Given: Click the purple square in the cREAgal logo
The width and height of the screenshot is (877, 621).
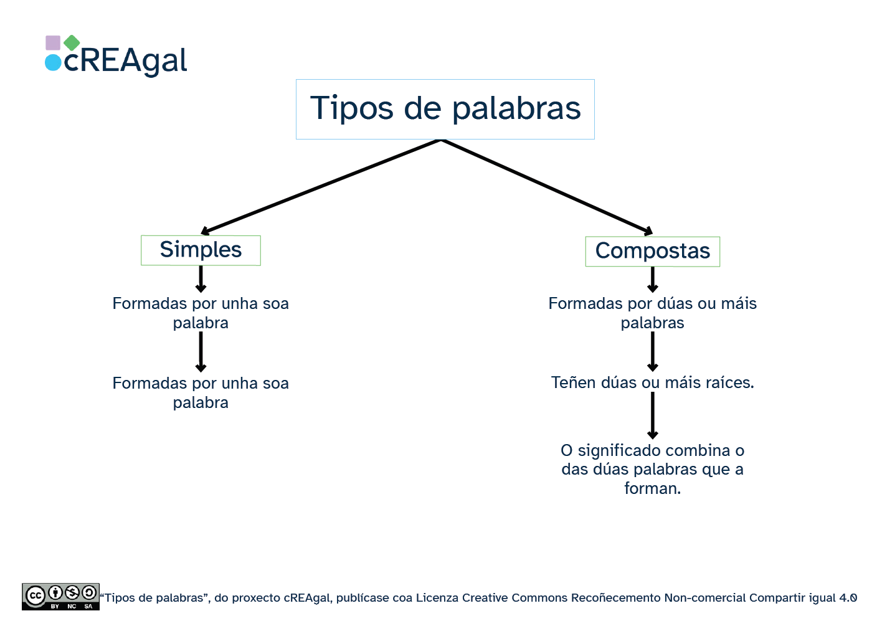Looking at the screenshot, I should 53,43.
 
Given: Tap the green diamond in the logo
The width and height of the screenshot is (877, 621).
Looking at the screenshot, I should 72,42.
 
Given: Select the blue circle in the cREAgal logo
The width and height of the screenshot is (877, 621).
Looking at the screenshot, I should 53,62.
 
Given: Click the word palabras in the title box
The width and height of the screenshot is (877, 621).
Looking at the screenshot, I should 516,108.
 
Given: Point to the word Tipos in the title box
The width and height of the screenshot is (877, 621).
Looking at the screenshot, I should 352,108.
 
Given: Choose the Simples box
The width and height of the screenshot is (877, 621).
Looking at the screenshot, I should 201,250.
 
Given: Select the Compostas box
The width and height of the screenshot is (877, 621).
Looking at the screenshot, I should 652,251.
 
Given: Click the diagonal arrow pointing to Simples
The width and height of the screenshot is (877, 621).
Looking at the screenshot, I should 321,186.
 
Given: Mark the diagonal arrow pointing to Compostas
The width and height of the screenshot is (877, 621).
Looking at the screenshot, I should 547,186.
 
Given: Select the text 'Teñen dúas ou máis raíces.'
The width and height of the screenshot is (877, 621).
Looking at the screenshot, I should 652,382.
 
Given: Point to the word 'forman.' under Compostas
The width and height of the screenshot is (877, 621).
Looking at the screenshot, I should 652,488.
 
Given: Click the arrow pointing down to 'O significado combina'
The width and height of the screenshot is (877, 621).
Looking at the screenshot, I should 652,416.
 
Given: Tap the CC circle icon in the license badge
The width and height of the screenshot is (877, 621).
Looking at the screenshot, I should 36,595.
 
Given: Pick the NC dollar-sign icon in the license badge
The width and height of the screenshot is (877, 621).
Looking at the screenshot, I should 72,592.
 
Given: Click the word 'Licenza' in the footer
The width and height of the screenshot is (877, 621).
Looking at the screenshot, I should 437,598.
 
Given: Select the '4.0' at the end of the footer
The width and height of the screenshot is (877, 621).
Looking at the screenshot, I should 848,598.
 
